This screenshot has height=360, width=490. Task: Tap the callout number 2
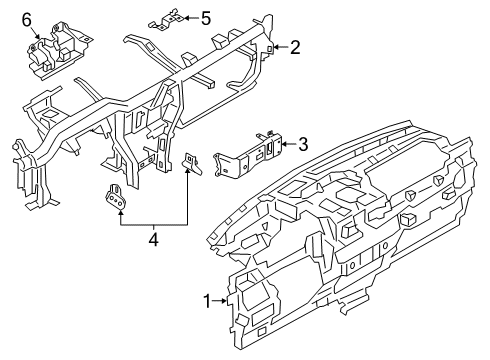(x=295, y=46)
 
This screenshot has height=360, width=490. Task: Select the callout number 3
(x=303, y=144)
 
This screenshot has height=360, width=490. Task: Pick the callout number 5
(x=205, y=17)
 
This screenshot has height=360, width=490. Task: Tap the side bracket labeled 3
(x=250, y=150)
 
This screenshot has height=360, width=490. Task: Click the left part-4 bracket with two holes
(x=117, y=199)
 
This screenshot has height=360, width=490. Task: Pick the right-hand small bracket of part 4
(x=194, y=162)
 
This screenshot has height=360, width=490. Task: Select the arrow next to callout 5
(x=191, y=17)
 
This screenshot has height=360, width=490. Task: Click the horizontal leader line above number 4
(x=153, y=226)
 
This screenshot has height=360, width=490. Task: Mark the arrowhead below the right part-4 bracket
(x=187, y=175)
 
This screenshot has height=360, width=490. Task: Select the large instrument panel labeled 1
(x=350, y=230)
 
